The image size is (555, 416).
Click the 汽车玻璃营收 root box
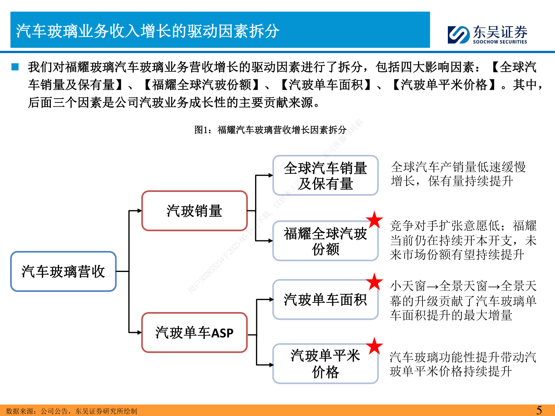(63, 272)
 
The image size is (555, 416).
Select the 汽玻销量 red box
(194, 211)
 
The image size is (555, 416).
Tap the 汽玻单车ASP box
(194, 332)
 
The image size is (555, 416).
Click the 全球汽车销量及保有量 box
(325, 176)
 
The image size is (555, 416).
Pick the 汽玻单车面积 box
(325, 300)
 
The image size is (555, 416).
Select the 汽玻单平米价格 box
(325, 364)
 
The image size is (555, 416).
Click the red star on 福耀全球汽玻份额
(374, 220)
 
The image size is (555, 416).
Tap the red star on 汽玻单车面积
(374, 282)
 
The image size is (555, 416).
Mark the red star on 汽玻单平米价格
(374, 346)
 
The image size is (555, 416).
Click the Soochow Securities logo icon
(459, 35)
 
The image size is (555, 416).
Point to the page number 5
(539, 410)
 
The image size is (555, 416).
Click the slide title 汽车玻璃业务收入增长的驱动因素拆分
(148, 31)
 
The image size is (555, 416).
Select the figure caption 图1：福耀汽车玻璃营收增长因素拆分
(270, 130)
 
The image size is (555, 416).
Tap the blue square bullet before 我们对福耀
(15, 67)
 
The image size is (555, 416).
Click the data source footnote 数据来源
(72, 411)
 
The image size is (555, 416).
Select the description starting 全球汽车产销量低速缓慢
(458, 174)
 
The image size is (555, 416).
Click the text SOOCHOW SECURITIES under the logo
(499, 42)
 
